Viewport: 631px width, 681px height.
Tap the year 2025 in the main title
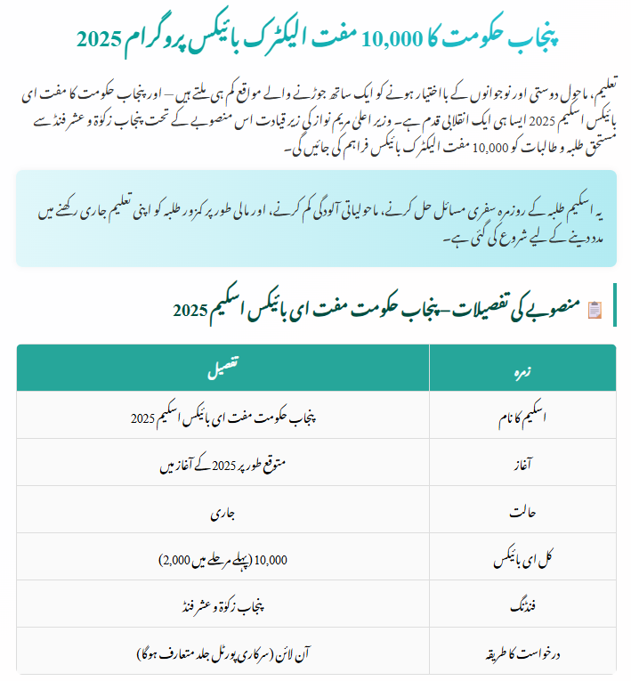tap(97, 38)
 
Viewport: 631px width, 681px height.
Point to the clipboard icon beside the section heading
tap(595, 309)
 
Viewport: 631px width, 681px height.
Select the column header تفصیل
tap(222, 366)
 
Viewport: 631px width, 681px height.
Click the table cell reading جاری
tap(222, 512)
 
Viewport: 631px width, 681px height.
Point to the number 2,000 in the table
tap(176, 560)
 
